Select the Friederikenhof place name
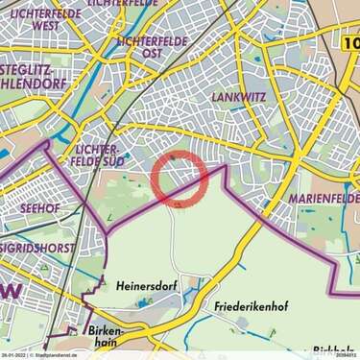tap(241, 306)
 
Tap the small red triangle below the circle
tap(178, 204)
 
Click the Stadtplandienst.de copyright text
tap(58, 355)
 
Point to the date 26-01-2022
tap(13, 355)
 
